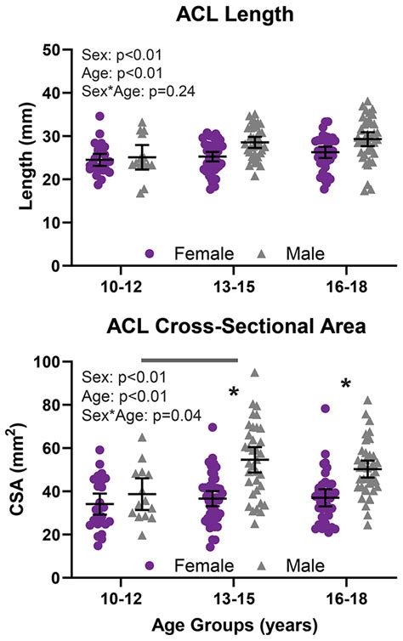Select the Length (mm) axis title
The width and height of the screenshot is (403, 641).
(18, 157)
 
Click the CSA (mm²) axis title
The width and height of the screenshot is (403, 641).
(18, 469)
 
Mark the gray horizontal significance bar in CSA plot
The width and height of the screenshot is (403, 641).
(189, 360)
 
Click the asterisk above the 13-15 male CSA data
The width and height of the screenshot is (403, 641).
(233, 393)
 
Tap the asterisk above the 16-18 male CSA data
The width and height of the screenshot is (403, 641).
(345, 384)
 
